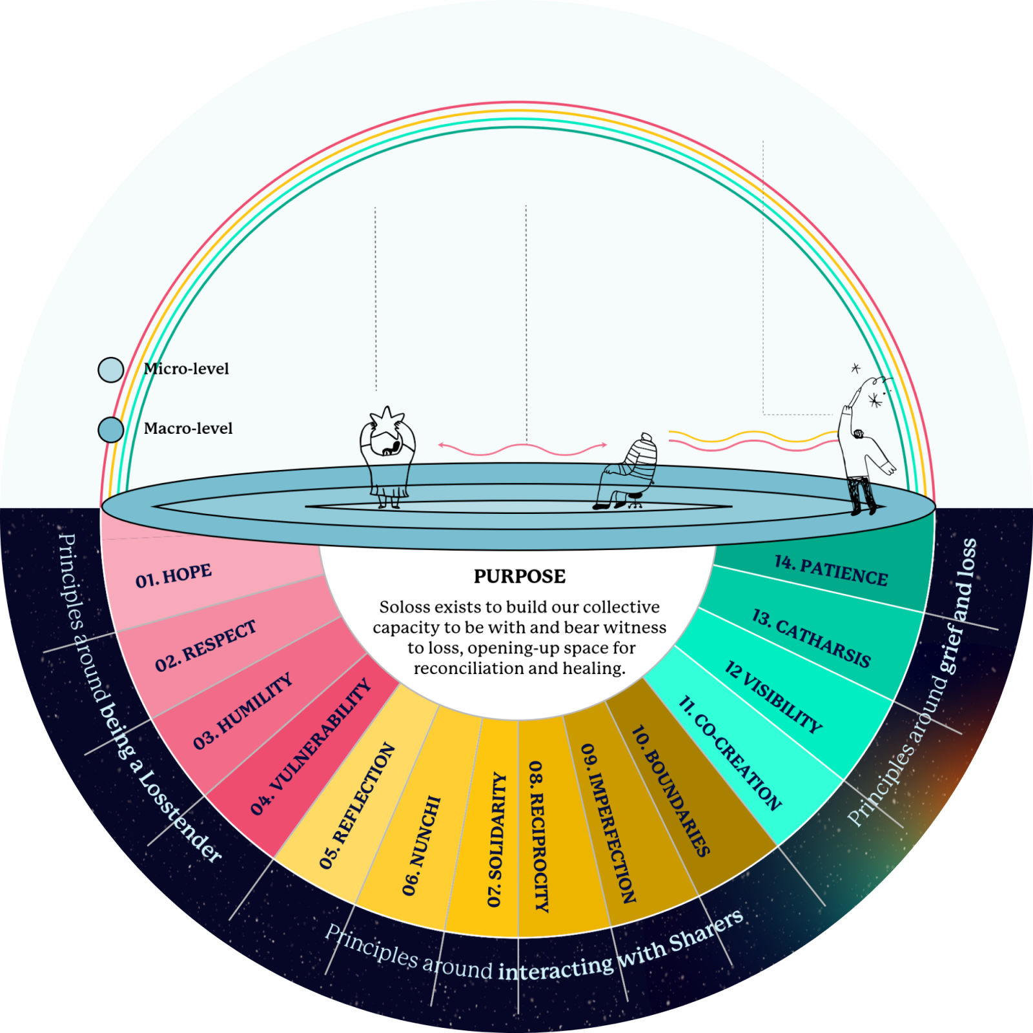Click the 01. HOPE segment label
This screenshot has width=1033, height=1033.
173,575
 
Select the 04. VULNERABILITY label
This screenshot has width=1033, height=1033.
311,746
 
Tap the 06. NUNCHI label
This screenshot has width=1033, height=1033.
421,846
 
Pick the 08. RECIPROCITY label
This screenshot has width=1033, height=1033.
538,836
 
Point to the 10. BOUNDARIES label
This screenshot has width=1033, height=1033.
670,790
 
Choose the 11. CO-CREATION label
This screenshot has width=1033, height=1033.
730,753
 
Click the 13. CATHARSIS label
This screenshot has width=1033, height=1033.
811,638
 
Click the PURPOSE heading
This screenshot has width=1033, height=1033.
520,576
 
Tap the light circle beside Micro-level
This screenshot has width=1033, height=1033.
110,370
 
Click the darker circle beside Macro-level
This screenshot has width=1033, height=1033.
110,429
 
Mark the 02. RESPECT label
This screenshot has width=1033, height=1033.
206,646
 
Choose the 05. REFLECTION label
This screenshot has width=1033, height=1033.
357,805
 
